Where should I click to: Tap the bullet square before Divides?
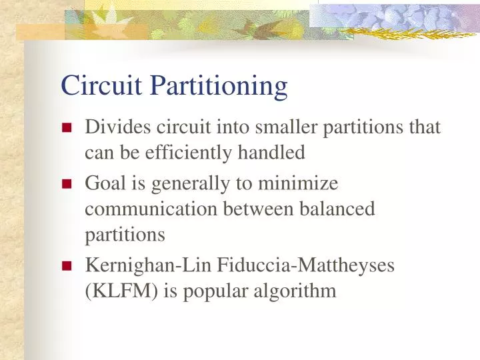[67, 129]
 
